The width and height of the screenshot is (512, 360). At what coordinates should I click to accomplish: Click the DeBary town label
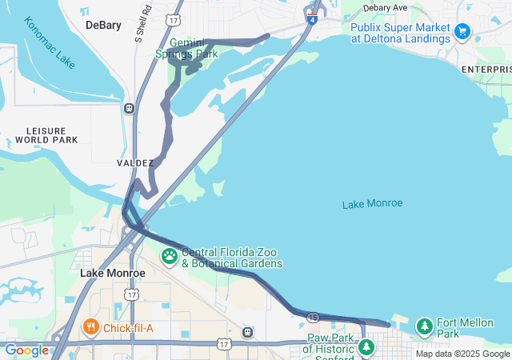pyautogui.click(x=103, y=25)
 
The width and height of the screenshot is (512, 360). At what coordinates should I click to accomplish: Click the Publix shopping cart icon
pyautogui.click(x=462, y=31)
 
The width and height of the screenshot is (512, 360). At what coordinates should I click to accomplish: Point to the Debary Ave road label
pyautogui.click(x=385, y=7)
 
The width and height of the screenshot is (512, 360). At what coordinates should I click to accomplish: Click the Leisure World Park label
pyautogui.click(x=52, y=134)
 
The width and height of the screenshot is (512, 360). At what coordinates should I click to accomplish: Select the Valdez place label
pyautogui.click(x=134, y=162)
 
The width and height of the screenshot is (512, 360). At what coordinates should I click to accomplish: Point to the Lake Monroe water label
pyautogui.click(x=372, y=204)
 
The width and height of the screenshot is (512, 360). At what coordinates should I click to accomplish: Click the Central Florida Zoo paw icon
pyautogui.click(x=170, y=257)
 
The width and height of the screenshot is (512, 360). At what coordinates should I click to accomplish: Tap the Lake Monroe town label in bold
pyautogui.click(x=112, y=273)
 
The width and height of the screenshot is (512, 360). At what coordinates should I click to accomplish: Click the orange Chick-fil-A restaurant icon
pyautogui.click(x=90, y=326)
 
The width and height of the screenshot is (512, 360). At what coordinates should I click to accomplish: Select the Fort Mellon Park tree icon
pyautogui.click(x=424, y=326)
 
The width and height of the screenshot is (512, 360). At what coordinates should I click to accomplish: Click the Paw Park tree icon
pyautogui.click(x=366, y=347)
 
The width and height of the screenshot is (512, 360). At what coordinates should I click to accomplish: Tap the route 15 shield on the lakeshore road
pyautogui.click(x=314, y=317)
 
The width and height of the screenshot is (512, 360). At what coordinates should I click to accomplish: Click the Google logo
pyautogui.click(x=26, y=350)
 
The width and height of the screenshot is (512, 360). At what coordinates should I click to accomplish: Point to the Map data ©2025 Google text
pyautogui.click(x=462, y=354)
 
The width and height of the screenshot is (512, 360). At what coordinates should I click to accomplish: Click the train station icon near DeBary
pyautogui.click(x=129, y=108)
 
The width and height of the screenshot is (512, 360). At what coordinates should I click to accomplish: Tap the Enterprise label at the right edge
pyautogui.click(x=487, y=70)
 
